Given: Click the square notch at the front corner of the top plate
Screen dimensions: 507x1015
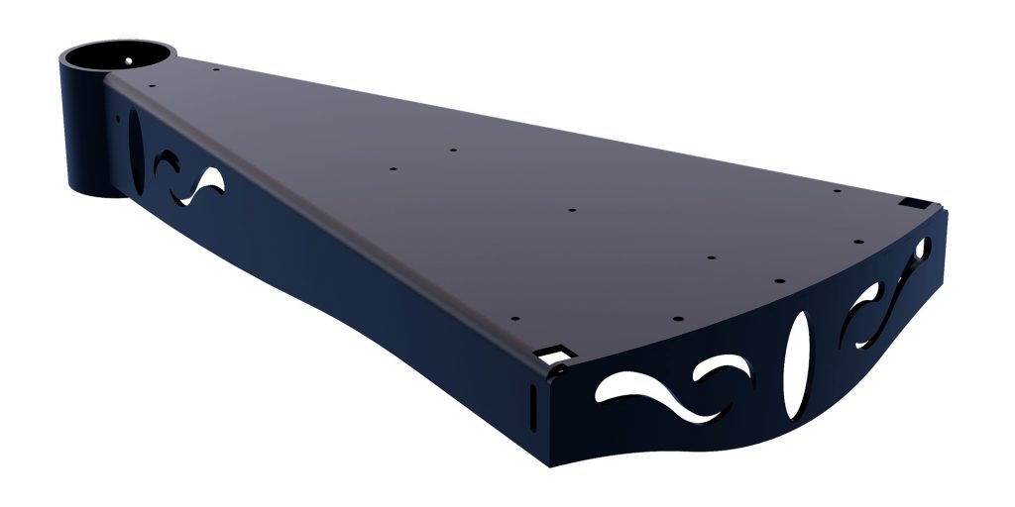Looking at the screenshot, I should [552, 353].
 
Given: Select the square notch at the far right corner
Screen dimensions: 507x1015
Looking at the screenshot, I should [909, 204].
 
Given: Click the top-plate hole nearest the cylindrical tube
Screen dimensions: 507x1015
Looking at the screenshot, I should [152, 85].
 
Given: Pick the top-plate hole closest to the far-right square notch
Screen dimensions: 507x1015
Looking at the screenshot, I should [838, 190].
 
